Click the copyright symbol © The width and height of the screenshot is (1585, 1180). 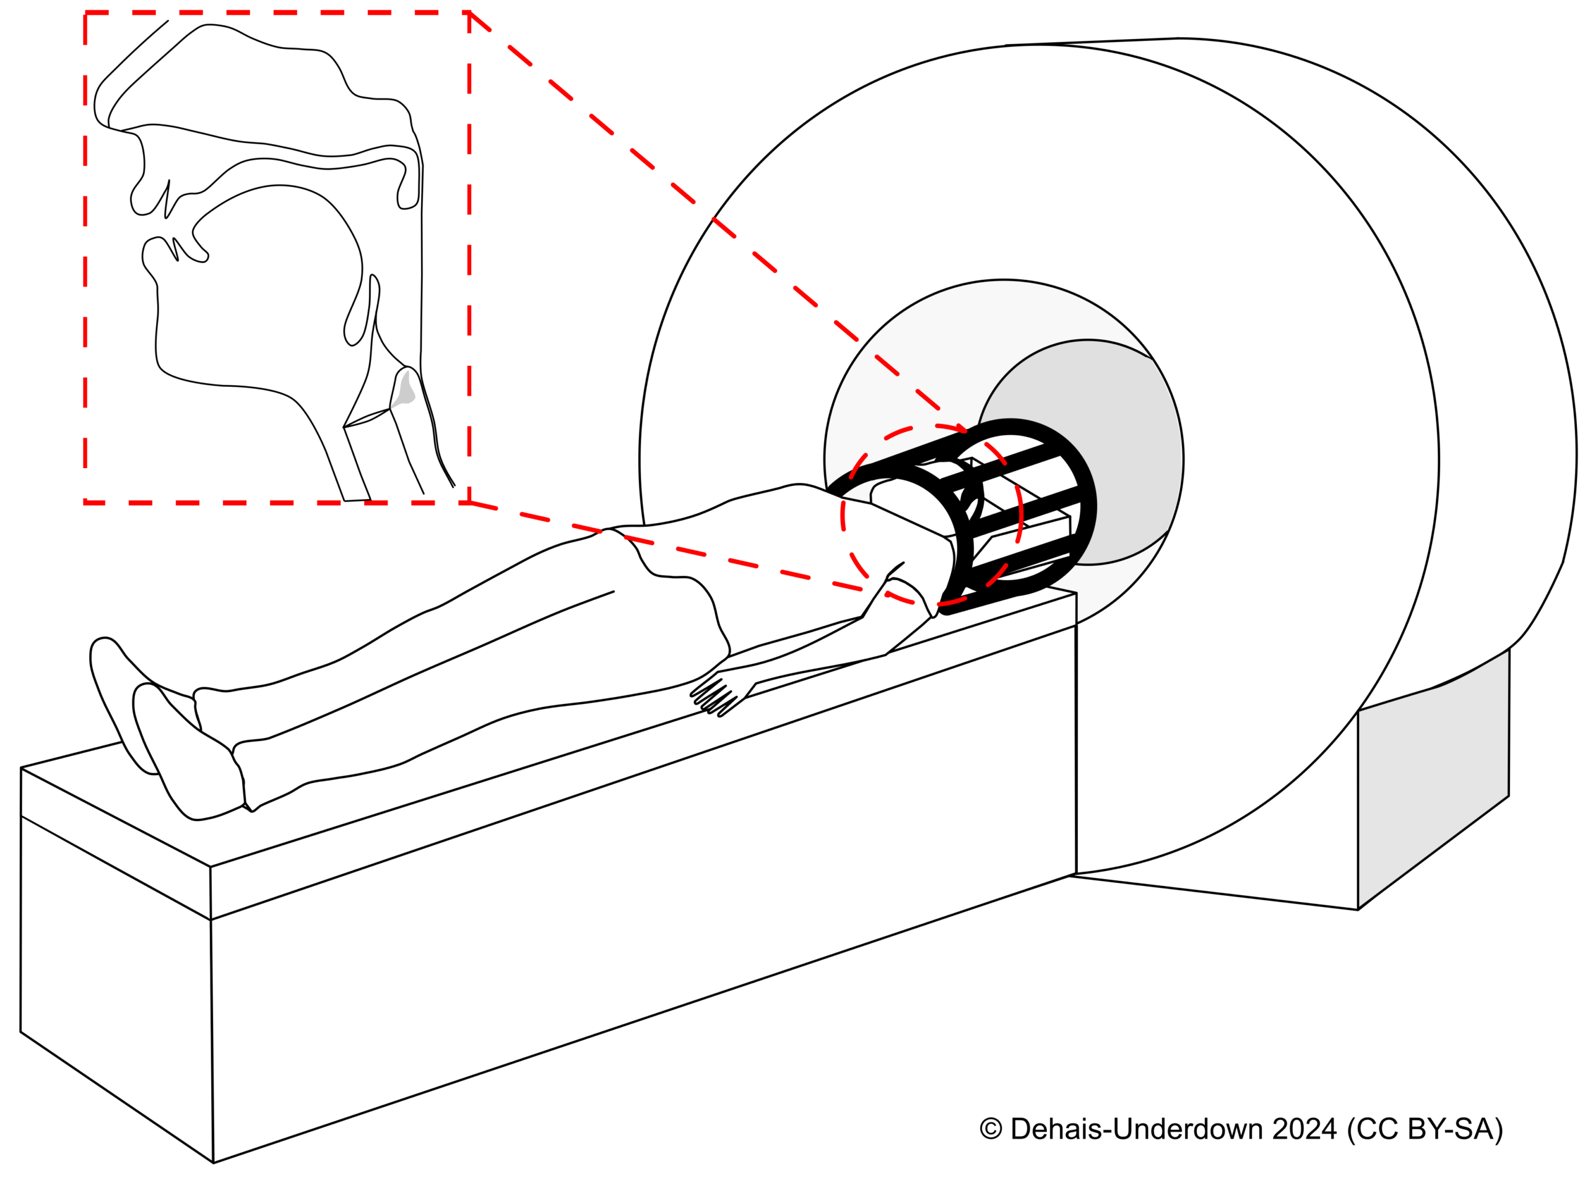click(990, 1129)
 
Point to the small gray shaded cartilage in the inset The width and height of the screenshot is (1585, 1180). click(405, 389)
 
